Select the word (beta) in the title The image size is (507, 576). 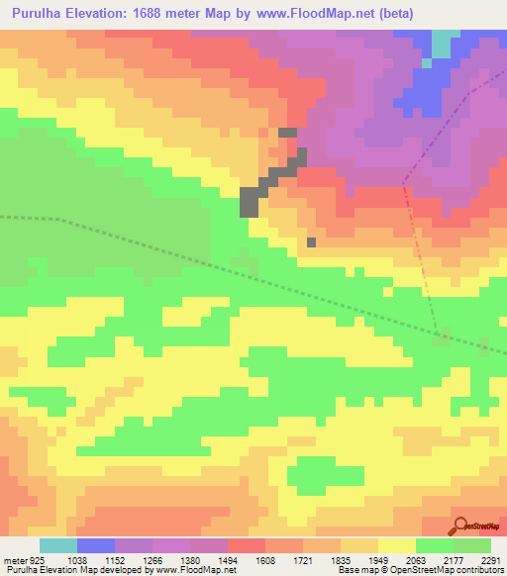392,13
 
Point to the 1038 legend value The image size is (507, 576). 76,560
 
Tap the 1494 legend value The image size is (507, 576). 228,560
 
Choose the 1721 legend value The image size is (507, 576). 303,560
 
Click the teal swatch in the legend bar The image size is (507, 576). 58,545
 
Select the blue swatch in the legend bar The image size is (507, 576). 96,545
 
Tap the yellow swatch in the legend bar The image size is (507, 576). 397,545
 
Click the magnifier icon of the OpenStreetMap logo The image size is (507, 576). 460,525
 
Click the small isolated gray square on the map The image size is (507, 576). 312,241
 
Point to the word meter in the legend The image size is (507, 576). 14,560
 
